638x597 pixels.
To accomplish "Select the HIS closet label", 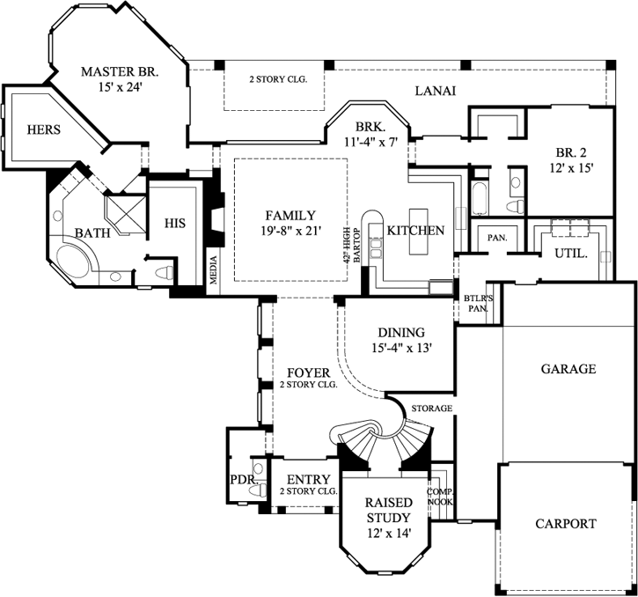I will click(x=175, y=224).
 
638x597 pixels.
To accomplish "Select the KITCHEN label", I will click(x=416, y=230).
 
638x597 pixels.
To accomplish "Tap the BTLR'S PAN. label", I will click(x=476, y=304).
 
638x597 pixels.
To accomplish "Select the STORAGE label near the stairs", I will click(x=431, y=409).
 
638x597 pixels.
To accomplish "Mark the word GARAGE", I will click(x=568, y=369).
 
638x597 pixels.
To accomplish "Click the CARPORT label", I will click(x=566, y=523).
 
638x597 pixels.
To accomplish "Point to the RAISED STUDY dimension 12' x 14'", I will click(x=384, y=533).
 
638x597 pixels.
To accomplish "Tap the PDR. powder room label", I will click(x=242, y=480).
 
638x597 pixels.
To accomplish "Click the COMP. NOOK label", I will click(x=440, y=497).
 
